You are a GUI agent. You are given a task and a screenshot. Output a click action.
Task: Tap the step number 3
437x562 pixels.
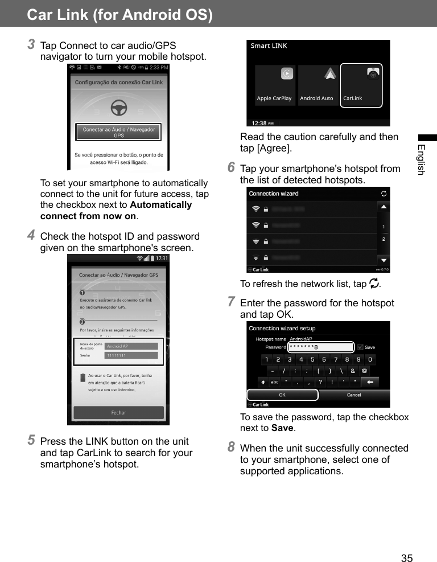[32, 44]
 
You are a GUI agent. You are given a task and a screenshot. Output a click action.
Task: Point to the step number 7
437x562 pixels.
[231, 301]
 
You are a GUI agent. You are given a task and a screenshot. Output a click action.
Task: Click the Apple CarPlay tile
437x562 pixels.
[274, 85]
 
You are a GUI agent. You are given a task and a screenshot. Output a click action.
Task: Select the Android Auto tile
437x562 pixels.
[317, 85]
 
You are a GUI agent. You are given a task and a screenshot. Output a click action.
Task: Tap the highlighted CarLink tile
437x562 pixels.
[361, 85]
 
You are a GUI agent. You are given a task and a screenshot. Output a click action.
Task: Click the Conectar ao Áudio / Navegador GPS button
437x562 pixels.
[118, 132]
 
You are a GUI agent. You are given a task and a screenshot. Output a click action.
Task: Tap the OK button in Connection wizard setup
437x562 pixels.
[282, 395]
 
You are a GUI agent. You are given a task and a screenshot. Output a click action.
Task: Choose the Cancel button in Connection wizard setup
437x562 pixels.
[354, 395]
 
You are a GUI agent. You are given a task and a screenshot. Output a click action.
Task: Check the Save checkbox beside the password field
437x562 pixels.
[360, 347]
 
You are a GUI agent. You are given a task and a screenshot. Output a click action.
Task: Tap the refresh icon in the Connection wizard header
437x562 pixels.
[385, 194]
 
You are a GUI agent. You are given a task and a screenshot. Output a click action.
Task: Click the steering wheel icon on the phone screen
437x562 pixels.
[118, 106]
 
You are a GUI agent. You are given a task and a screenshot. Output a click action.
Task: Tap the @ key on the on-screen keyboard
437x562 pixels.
[370, 371]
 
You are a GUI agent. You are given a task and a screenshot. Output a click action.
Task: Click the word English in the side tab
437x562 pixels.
[420, 160]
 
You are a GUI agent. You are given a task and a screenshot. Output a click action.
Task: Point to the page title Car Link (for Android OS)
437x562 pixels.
[119, 14]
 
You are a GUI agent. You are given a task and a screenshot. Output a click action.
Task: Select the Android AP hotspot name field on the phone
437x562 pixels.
[132, 346]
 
